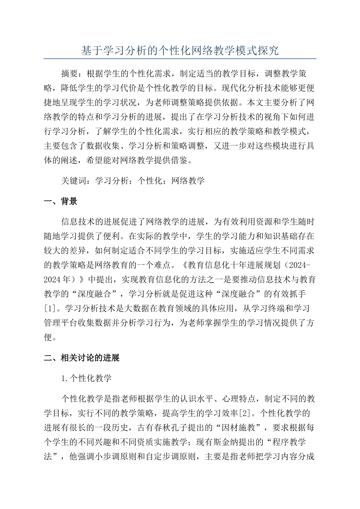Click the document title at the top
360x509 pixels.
point(180,51)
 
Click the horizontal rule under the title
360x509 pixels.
point(180,59)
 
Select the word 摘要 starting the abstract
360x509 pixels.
point(70,73)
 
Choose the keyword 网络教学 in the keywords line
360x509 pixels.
point(188,181)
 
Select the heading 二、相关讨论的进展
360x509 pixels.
point(82,358)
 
